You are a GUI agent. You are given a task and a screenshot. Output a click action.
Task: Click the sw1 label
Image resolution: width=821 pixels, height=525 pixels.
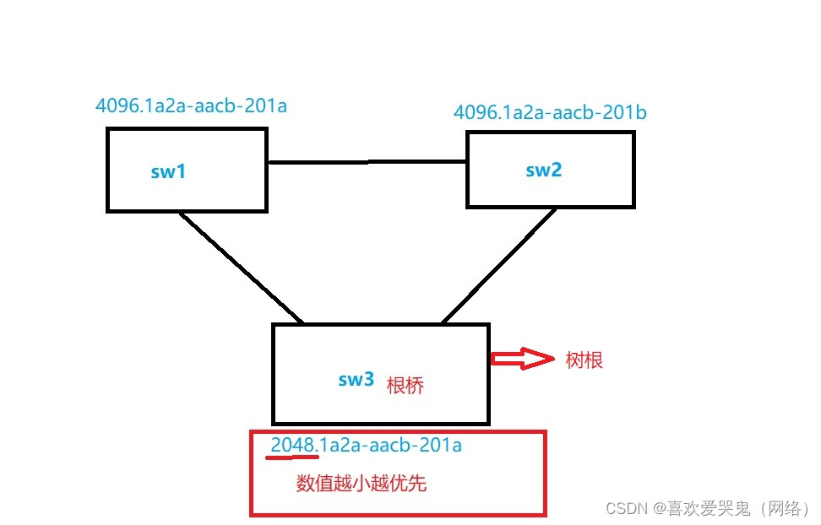click(x=168, y=171)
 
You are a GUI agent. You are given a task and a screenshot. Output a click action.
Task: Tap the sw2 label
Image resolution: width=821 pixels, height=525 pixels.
click(x=543, y=169)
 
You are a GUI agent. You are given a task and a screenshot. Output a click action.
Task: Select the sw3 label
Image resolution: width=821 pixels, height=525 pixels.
click(x=356, y=379)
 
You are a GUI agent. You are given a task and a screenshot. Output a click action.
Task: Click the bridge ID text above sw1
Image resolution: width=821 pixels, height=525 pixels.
click(x=192, y=106)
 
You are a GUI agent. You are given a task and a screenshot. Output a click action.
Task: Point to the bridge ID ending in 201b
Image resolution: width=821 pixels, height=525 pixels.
click(x=550, y=112)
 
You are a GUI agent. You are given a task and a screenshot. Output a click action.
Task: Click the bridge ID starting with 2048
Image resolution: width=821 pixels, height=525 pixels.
click(x=367, y=445)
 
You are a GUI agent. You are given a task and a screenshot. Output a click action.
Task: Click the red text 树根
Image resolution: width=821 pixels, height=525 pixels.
click(x=584, y=360)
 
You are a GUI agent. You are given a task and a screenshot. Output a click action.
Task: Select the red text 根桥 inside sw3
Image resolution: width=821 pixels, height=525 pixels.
click(x=405, y=386)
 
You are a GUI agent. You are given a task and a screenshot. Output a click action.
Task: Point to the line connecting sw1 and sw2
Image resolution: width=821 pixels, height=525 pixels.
click(x=367, y=161)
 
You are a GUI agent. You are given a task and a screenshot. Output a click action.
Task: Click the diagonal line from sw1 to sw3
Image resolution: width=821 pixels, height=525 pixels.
click(x=242, y=268)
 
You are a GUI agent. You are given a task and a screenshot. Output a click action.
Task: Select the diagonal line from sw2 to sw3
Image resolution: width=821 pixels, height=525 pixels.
click(x=499, y=265)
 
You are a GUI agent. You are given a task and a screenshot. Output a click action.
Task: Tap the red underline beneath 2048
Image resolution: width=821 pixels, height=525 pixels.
click(x=292, y=457)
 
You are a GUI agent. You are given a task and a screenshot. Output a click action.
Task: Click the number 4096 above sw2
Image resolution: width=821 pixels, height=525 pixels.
click(x=476, y=112)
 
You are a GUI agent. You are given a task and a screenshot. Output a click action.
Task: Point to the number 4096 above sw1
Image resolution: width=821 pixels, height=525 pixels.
click(x=118, y=106)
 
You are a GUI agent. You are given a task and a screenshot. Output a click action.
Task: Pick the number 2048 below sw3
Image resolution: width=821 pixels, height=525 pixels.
click(x=292, y=445)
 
